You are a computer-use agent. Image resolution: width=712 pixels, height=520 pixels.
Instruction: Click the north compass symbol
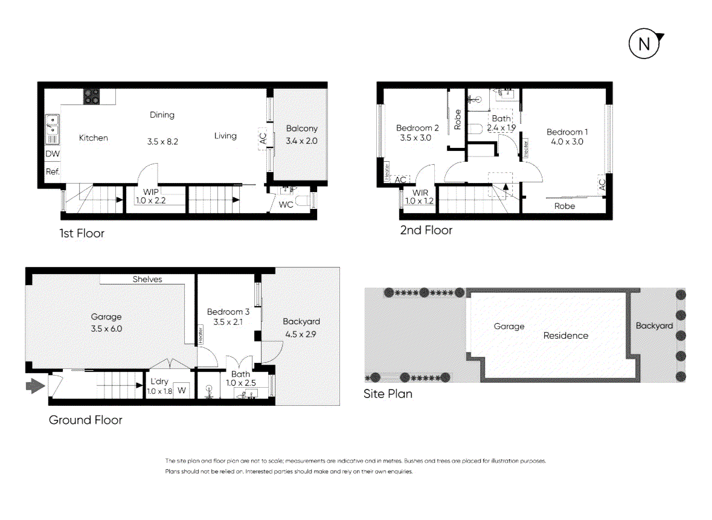[x=645, y=43]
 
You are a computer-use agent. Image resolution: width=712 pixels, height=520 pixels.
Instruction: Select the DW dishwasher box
[x=53, y=154]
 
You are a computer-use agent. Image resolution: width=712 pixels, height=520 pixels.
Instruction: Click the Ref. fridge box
[x=53, y=172]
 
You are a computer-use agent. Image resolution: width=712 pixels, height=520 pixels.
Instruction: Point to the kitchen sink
[x=53, y=128]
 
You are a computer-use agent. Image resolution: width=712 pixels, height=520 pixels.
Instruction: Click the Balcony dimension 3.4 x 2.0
[x=301, y=141]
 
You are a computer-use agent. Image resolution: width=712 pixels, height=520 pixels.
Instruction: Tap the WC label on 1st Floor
[x=286, y=205]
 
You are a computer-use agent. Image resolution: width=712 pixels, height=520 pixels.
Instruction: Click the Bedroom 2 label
[x=417, y=127]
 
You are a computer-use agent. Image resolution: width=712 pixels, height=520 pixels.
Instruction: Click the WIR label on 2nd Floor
[x=420, y=193]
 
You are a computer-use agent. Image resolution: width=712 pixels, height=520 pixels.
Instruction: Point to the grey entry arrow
[x=35, y=385]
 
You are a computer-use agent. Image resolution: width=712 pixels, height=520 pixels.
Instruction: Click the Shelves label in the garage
[x=147, y=279]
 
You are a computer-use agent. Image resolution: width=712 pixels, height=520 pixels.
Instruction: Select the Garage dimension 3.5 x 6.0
[x=106, y=329]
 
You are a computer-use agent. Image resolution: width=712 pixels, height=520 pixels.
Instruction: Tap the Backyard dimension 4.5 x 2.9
[x=301, y=333]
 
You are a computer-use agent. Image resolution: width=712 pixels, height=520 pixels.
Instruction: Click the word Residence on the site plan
[x=565, y=336]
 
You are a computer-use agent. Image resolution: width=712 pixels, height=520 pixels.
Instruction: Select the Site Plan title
[x=388, y=394]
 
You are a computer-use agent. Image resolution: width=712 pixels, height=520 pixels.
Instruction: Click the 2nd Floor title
[x=426, y=230]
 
